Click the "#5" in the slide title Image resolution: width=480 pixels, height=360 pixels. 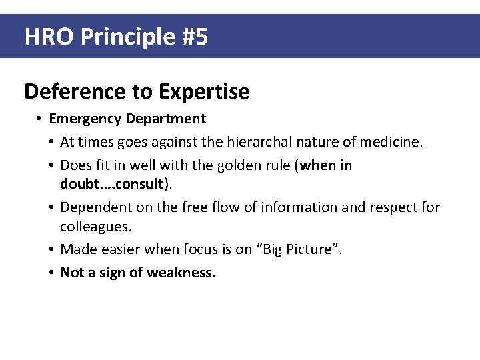coord(194,37)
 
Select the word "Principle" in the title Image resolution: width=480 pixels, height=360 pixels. coord(127,37)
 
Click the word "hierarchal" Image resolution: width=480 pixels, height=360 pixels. coord(263,142)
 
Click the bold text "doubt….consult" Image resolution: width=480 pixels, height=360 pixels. coord(111,183)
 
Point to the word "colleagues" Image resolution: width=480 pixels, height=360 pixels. coord(95,226)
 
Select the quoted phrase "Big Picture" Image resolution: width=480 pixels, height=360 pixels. coord(298,249)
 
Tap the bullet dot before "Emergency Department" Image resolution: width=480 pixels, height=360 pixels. coord(40,119)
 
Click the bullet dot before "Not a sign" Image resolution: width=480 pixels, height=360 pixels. coord(51,272)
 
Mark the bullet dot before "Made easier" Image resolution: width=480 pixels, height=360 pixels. coord(51,249)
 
